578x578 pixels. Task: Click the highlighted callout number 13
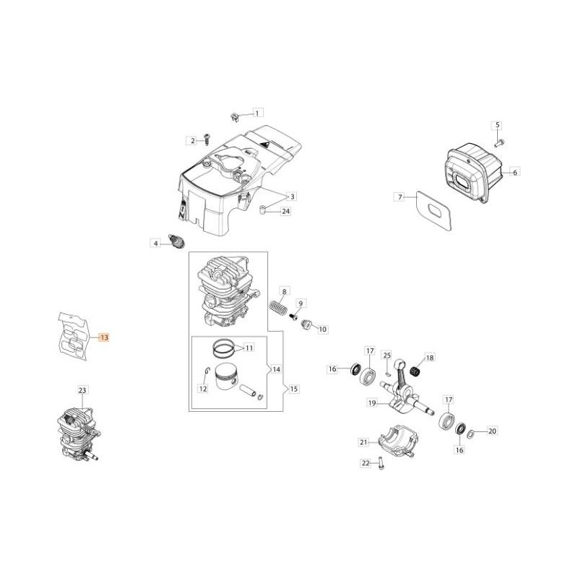104,337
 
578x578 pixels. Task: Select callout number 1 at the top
258,113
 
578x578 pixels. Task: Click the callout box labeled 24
285,211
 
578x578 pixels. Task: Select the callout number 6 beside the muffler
514,172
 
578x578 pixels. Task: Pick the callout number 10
322,329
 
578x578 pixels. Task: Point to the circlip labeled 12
207,374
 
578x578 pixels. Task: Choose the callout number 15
293,389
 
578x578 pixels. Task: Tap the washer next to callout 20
470,433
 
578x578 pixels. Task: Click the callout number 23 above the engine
82,391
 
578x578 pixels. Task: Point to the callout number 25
387,355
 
